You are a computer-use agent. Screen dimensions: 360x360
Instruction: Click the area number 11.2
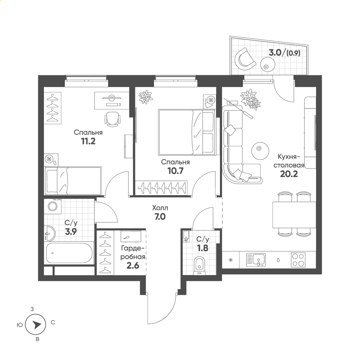coord(88,141)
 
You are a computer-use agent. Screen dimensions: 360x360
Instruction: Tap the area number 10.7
coord(175,171)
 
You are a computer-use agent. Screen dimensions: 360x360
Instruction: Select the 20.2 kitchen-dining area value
coord(289,174)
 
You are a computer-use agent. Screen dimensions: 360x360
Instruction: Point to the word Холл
coord(160,208)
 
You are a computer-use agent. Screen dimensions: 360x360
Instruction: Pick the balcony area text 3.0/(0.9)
coord(284,53)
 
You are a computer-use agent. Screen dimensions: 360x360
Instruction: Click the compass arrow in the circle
coord(36,325)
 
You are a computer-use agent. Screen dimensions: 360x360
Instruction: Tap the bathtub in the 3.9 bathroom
coord(69,253)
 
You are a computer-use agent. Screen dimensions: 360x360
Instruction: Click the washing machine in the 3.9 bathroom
coord(53,206)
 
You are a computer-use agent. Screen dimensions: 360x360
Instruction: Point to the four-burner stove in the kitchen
coord(298,260)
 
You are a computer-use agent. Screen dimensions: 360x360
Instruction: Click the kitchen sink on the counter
coord(256,260)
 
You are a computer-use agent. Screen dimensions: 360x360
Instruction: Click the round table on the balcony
coord(268,64)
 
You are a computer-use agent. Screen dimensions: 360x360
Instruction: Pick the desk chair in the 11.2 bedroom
coord(112,119)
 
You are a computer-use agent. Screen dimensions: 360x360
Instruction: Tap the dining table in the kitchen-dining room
coord(294,215)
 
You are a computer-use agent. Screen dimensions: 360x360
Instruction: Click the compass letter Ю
coord(20,325)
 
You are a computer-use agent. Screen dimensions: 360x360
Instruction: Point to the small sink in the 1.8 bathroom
coord(186,236)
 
